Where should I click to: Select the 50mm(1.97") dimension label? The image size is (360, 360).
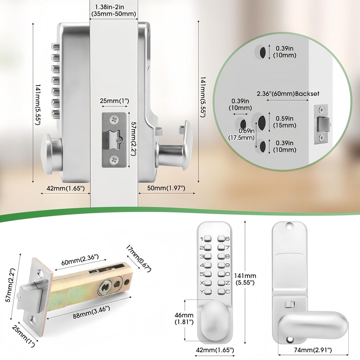click(166, 188)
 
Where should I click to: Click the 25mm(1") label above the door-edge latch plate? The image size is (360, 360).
click(114, 101)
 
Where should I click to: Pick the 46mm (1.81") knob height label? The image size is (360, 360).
click(184, 318)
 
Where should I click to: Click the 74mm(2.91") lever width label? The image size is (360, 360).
click(312, 350)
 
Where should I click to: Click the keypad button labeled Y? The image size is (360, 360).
click(208, 291)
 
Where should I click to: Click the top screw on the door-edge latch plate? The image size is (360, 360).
click(114, 120)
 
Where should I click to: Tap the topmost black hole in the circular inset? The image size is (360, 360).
click(262, 52)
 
